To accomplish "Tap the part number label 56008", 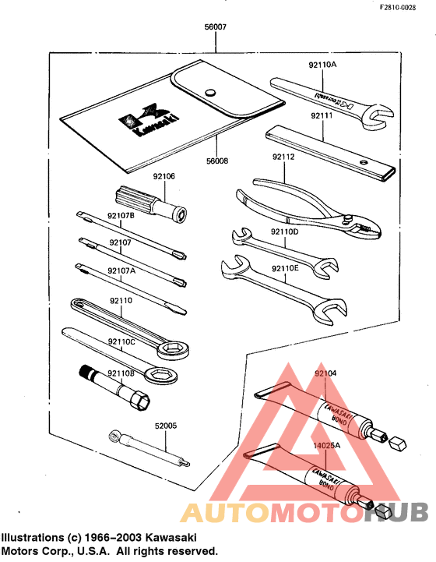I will pyautogui.click(x=217, y=161).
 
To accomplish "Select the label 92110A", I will pyautogui.click(x=322, y=65).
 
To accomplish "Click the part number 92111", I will pyautogui.click(x=322, y=115).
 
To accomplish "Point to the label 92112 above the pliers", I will pyautogui.click(x=283, y=157).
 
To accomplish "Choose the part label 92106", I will pyautogui.click(x=163, y=176).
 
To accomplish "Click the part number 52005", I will pyautogui.click(x=167, y=426).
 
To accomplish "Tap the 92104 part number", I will pyautogui.click(x=326, y=373).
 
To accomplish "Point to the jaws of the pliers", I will pyautogui.click(x=365, y=225).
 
